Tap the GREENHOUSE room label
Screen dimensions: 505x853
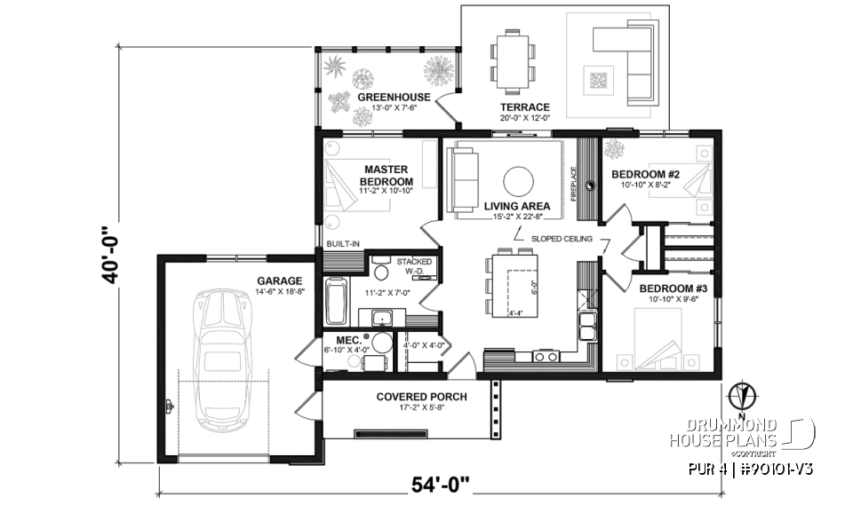394,98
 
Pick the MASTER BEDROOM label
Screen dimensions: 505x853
386,175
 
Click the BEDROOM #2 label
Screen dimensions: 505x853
645,175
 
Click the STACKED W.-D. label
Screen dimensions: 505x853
414,266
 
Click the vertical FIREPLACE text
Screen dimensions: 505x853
574,185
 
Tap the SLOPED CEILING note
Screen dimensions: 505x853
562,239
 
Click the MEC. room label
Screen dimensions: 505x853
347,340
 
